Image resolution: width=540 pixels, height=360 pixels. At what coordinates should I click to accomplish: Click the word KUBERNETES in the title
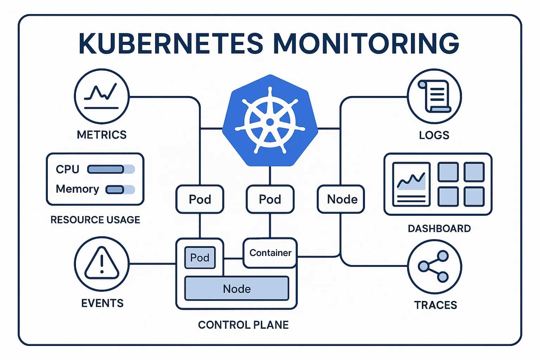point(171,43)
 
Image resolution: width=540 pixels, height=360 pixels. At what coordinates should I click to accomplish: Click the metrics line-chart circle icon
point(102,96)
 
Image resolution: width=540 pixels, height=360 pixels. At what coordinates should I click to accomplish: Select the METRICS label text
point(102,135)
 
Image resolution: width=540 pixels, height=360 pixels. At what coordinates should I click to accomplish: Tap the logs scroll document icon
point(435,96)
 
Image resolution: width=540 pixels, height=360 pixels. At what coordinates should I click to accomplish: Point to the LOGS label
point(434,135)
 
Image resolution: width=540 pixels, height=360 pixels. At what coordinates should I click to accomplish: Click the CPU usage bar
point(110,169)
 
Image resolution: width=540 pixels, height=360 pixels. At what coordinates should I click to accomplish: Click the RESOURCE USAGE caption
point(95,220)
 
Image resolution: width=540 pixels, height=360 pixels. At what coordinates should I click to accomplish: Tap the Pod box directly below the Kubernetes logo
point(270,199)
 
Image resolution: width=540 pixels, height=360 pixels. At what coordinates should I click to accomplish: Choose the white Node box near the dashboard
point(342,199)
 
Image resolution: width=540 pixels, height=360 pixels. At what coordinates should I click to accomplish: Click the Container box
point(270,253)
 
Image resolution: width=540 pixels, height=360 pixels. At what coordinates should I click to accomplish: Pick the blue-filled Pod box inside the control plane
point(200,258)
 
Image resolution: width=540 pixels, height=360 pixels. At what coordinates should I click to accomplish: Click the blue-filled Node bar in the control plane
point(237,289)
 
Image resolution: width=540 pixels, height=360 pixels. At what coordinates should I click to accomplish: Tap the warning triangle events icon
point(102,263)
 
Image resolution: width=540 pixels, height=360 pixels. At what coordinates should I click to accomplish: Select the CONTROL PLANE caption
point(243,324)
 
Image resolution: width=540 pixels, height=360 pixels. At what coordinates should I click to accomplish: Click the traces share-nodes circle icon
point(435,266)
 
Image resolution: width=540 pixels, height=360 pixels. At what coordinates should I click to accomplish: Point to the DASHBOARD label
point(439,229)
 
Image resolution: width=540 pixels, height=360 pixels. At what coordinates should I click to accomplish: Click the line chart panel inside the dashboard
point(411,184)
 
